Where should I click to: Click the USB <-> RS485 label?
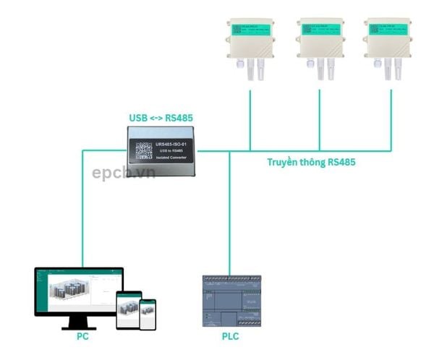coord(161,118)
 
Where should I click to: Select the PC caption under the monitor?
coord(83,337)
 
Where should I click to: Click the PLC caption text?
coord(230,337)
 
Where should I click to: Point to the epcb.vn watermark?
coord(123,173)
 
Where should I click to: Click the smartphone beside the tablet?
coord(148,314)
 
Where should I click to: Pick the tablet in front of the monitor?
coord(128,309)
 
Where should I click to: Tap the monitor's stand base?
coord(77,326)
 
